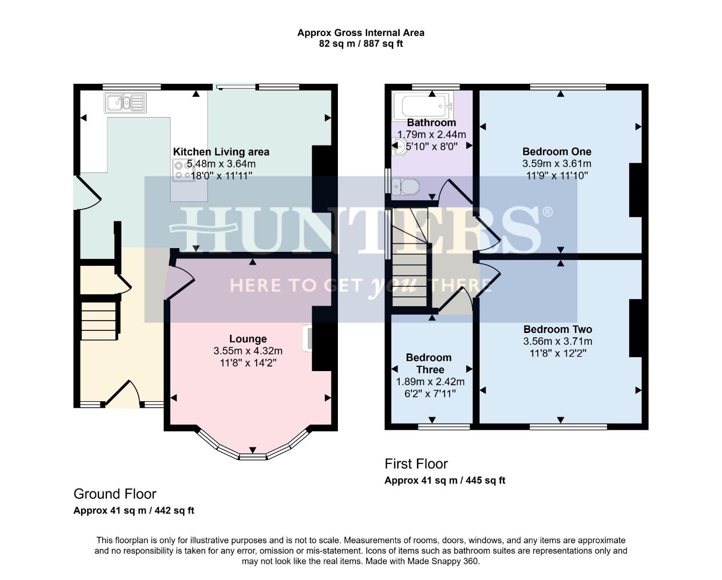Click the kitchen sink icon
point(125,102)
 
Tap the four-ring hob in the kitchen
point(184,170)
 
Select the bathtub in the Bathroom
point(421,106)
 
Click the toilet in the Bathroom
point(407,187)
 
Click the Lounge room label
point(248,339)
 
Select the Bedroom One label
point(557,151)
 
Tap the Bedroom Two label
point(558,329)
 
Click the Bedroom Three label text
point(429,364)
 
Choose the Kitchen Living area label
point(221,152)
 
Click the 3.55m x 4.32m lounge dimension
point(248,351)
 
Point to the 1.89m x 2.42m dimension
point(430,382)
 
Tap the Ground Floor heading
point(115,494)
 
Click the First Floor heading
point(416,464)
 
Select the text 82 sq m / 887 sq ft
point(360,44)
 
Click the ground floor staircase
point(99,321)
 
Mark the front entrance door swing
point(125,394)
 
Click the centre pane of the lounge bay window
point(252,456)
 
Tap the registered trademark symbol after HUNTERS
point(547,212)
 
